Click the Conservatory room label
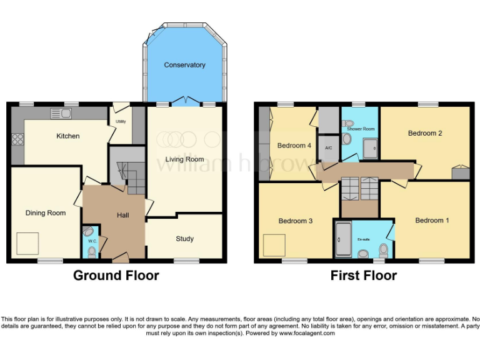(x=184, y=65)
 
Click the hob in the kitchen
(x=17, y=139)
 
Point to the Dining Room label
(x=45, y=213)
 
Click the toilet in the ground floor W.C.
(x=92, y=251)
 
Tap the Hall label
(x=122, y=216)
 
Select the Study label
(x=184, y=239)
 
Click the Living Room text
(x=184, y=159)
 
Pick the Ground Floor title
(x=116, y=275)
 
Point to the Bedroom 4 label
(x=294, y=146)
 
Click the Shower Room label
(x=361, y=129)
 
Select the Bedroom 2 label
(x=425, y=133)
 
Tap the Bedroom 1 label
(x=432, y=221)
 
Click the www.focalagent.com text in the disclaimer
(x=306, y=334)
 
